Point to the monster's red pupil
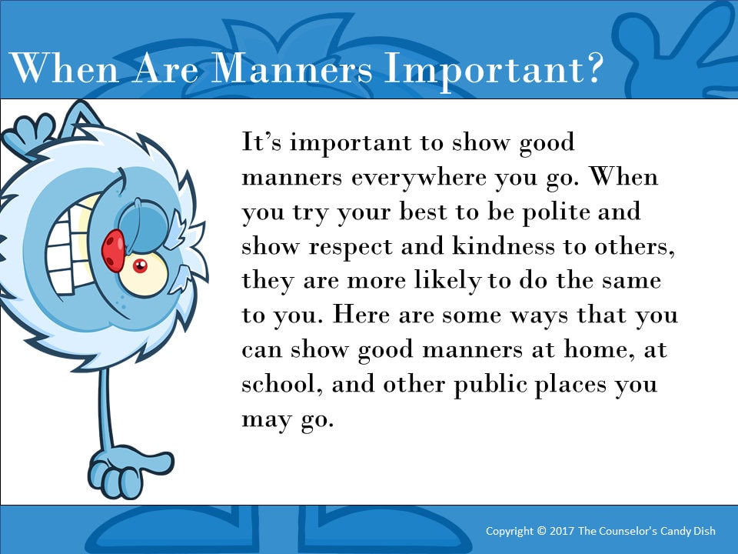(140, 266)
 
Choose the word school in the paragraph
(282, 382)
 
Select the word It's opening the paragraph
(262, 143)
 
